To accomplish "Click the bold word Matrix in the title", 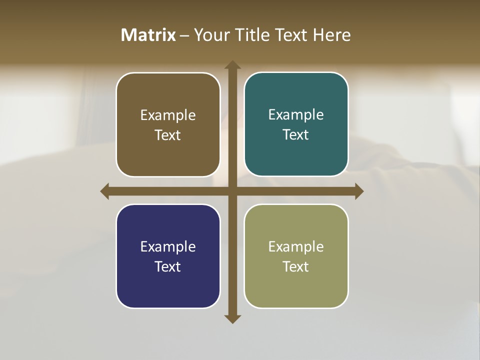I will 148,35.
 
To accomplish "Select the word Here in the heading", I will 331,35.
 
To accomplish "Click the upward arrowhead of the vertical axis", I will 232,65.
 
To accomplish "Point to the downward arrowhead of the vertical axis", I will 232,318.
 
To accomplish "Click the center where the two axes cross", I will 232,191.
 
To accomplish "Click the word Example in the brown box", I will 168,115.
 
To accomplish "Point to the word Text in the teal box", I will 296,135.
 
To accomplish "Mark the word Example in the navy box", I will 168,246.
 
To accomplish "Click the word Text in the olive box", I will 296,266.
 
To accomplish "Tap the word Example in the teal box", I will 296,114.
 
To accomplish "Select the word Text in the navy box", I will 168,266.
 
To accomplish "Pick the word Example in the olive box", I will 296,246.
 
